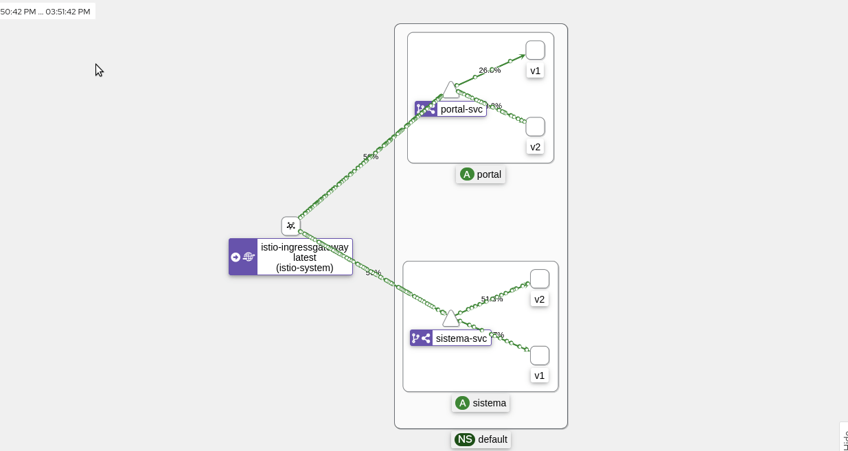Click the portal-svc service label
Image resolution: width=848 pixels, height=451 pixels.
461,109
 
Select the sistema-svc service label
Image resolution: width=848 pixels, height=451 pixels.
461,338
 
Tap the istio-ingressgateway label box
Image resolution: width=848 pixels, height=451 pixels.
304,257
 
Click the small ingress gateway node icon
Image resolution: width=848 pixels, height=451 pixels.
290,226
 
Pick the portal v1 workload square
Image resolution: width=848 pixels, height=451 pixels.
535,50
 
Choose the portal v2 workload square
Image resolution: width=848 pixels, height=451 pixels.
535,127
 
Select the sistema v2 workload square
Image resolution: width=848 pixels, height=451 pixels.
540,279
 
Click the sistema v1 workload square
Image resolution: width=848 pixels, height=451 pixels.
540,356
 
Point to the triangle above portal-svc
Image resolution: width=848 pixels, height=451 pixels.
450,91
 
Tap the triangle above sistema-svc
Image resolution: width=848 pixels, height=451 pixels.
450,319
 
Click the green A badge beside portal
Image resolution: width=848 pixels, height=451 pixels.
468,174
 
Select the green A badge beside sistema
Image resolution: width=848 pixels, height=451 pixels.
463,403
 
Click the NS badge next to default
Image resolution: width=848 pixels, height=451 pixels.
465,439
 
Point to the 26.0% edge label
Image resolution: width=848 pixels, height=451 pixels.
490,70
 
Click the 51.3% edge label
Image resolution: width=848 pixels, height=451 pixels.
492,299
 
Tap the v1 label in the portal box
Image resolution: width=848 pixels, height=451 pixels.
535,71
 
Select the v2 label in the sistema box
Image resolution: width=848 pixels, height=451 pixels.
540,299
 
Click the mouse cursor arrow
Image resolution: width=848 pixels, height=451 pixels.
98,69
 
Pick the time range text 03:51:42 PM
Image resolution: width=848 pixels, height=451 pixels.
68,12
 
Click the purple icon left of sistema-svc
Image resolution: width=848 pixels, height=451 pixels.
421,338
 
